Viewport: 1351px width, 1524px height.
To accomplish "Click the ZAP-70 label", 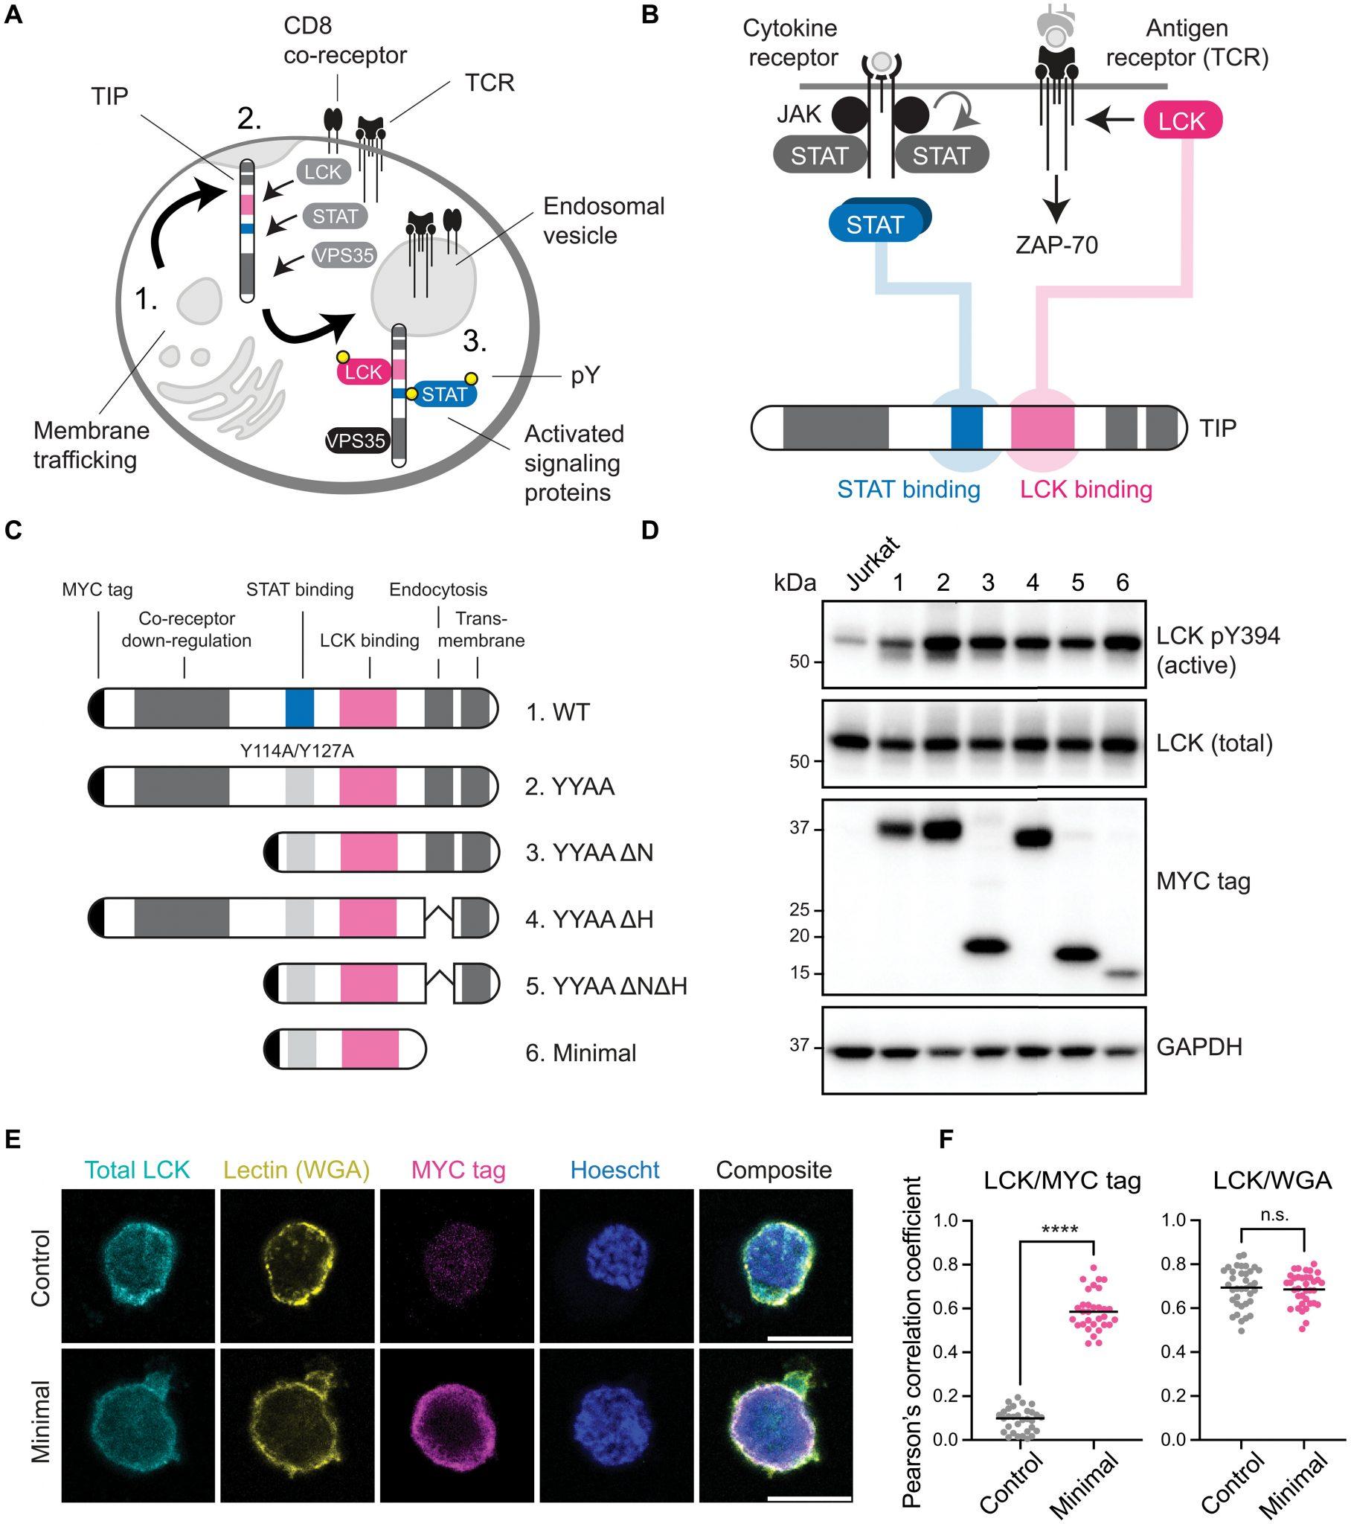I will click(x=1056, y=245).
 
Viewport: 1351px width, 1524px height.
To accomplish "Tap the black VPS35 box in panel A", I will click(x=356, y=441).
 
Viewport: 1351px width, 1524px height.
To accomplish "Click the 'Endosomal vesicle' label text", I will click(x=603, y=221).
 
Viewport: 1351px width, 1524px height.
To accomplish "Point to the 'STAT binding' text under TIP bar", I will click(x=908, y=490).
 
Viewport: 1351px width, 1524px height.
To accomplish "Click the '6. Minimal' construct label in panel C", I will click(x=581, y=1054).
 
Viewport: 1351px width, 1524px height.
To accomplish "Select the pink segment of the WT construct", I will click(x=368, y=708).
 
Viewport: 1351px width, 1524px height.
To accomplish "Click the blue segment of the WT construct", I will click(x=300, y=708).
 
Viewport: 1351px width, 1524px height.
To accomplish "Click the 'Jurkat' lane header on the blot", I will click(x=873, y=565).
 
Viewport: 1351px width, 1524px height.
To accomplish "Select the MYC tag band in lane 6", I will click(x=1123, y=973).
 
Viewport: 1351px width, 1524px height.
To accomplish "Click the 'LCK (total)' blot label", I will click(x=1214, y=743).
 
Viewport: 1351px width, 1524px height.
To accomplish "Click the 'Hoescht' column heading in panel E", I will click(x=615, y=1170).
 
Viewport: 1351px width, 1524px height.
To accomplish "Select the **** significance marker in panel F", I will click(x=1059, y=1229).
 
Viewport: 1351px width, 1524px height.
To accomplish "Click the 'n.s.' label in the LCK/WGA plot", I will click(x=1274, y=1215).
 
